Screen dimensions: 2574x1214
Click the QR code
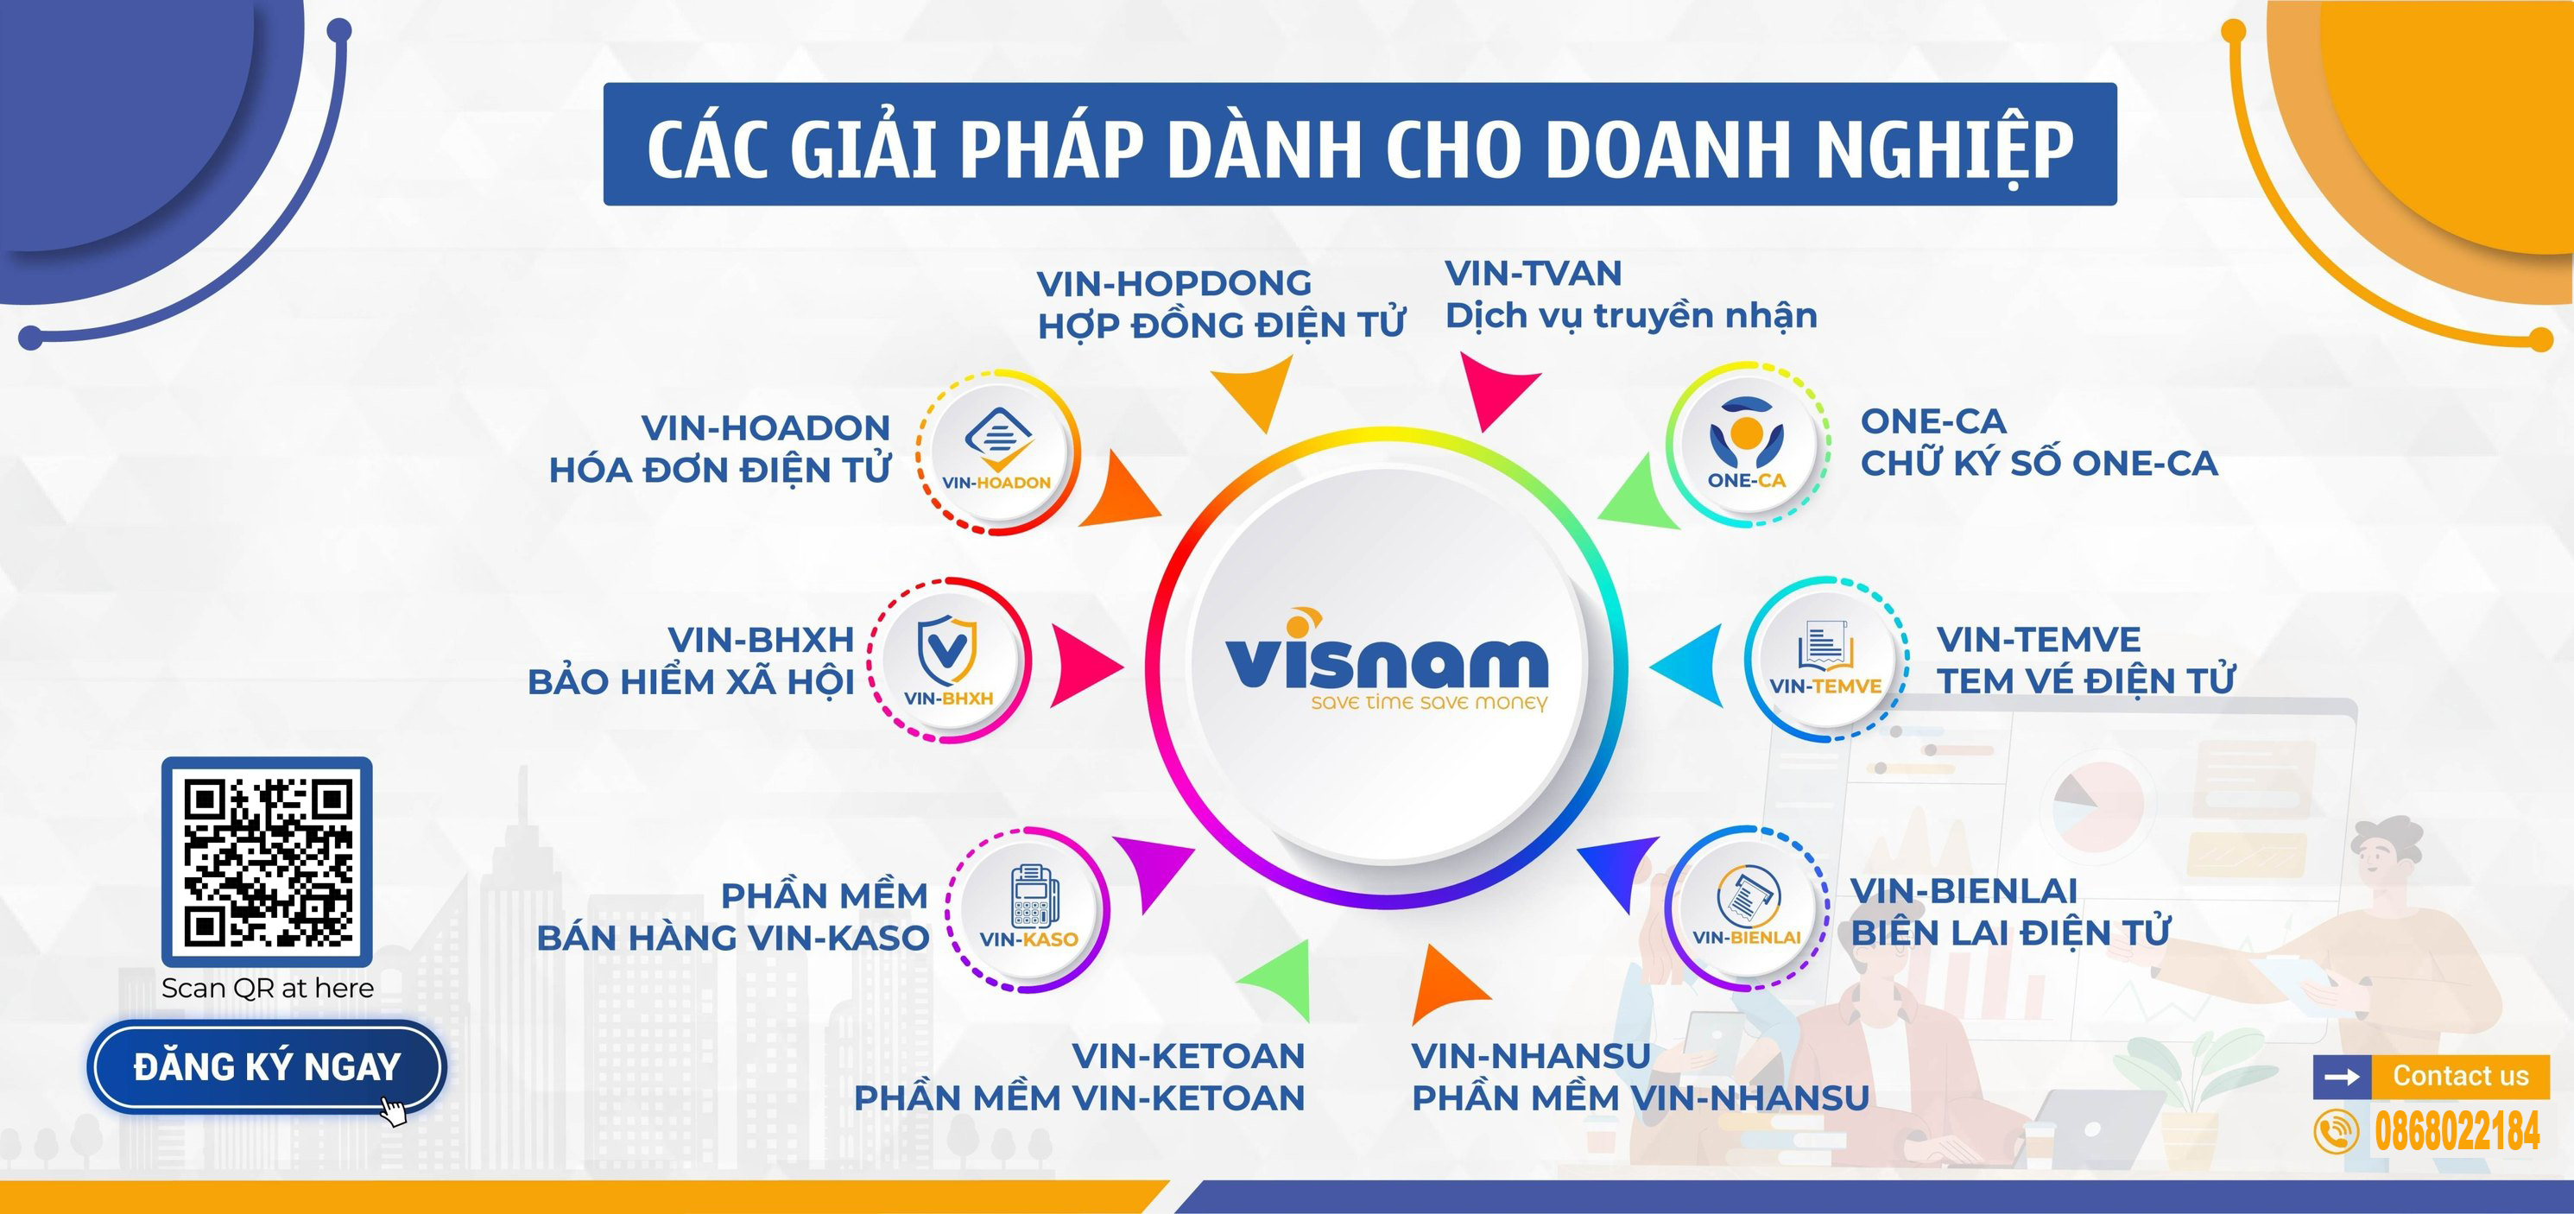click(x=267, y=862)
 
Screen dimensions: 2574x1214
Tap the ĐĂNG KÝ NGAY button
click(x=267, y=1067)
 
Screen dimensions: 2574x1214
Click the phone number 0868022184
click(x=2457, y=1132)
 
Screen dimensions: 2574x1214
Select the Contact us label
click(x=2460, y=1076)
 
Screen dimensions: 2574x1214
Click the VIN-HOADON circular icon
click(x=997, y=452)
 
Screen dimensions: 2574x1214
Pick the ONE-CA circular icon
click(x=1747, y=444)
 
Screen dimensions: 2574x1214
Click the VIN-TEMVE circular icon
click(x=1826, y=660)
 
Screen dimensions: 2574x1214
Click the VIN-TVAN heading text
click(x=1533, y=274)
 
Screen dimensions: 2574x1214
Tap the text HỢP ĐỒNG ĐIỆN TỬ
click(x=1221, y=325)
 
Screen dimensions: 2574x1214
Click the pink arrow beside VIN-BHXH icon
click(x=1086, y=667)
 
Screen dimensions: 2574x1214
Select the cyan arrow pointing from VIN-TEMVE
click(x=1686, y=666)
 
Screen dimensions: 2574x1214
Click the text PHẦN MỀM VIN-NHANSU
click(x=1640, y=1098)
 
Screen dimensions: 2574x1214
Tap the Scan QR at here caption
click(x=268, y=988)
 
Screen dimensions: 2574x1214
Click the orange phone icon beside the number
click(x=2335, y=1132)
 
